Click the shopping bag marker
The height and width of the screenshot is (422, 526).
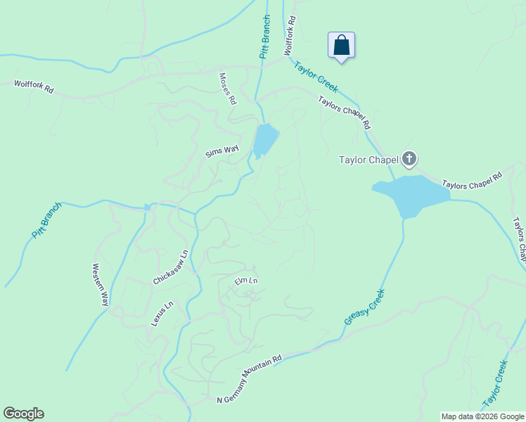(x=341, y=46)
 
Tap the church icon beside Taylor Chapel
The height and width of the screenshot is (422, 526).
(x=409, y=160)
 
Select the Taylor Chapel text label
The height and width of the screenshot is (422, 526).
(x=368, y=160)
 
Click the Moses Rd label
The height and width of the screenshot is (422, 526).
(x=227, y=89)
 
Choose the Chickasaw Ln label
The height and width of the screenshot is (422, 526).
(x=171, y=268)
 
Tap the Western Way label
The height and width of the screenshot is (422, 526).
(x=101, y=284)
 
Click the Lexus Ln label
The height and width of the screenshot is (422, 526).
(x=162, y=314)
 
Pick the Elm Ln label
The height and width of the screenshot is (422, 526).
(x=247, y=281)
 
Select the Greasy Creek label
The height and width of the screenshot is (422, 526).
(x=365, y=307)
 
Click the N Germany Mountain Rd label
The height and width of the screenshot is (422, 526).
(x=250, y=379)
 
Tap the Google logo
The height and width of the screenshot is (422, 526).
(x=23, y=414)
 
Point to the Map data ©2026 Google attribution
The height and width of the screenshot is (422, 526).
(x=482, y=416)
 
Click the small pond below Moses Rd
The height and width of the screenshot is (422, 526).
(x=265, y=139)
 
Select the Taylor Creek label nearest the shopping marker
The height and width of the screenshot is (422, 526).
(x=316, y=77)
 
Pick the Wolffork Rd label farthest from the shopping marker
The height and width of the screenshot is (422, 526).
(x=34, y=87)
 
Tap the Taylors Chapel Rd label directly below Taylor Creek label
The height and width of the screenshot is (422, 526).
(x=344, y=112)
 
